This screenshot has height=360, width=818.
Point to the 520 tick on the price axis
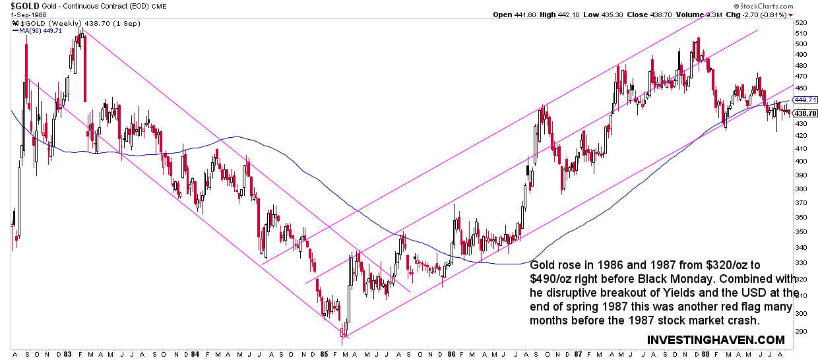(x=802, y=22)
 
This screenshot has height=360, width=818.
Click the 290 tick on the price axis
(x=802, y=331)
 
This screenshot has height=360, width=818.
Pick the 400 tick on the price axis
(x=802, y=161)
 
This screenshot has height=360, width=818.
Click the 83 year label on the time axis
(x=67, y=353)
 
